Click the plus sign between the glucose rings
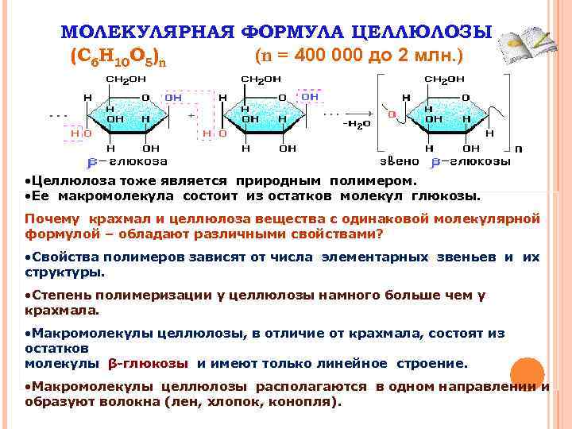[191, 115]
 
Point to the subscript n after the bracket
[519, 149]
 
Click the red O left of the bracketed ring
[392, 114]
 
